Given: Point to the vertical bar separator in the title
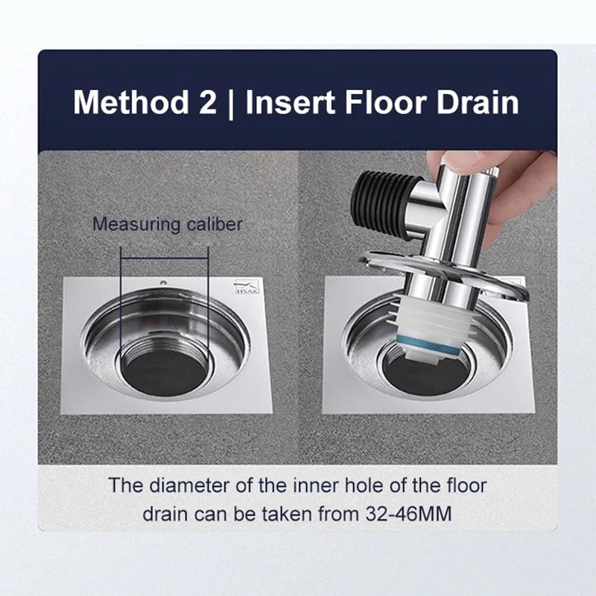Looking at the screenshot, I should pos(232,101).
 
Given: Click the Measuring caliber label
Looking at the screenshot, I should pos(167,224).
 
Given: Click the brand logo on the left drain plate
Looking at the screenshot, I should pos(245,286).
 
